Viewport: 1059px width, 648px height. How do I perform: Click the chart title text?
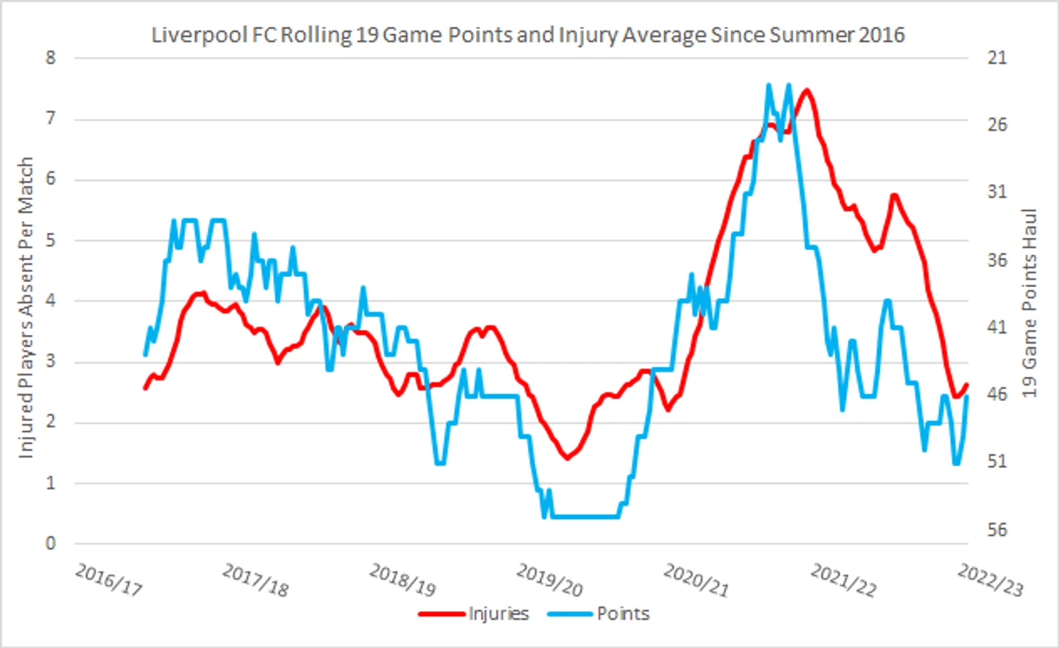point(527,35)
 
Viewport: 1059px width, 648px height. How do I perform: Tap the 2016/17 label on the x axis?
point(109,579)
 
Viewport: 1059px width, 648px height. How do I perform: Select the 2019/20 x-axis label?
point(549,580)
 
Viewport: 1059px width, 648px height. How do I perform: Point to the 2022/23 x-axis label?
point(990,580)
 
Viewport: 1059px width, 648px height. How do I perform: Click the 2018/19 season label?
point(403,580)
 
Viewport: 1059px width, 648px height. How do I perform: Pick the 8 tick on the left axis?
point(50,58)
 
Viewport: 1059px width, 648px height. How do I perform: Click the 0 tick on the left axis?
point(50,543)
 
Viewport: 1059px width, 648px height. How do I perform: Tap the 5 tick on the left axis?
point(50,240)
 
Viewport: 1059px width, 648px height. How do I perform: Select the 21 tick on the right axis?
point(997,58)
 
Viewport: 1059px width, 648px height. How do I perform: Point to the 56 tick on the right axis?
point(997,530)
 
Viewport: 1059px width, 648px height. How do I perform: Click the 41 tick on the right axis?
point(997,328)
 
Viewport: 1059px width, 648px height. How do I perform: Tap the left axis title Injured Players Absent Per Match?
point(26,307)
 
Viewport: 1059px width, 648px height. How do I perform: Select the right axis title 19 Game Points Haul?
point(1029,303)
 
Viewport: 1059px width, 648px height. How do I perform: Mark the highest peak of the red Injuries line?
point(805,91)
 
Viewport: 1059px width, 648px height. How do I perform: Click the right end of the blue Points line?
point(967,396)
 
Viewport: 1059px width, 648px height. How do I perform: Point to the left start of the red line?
point(145,389)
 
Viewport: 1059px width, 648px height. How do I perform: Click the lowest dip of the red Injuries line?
point(567,458)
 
